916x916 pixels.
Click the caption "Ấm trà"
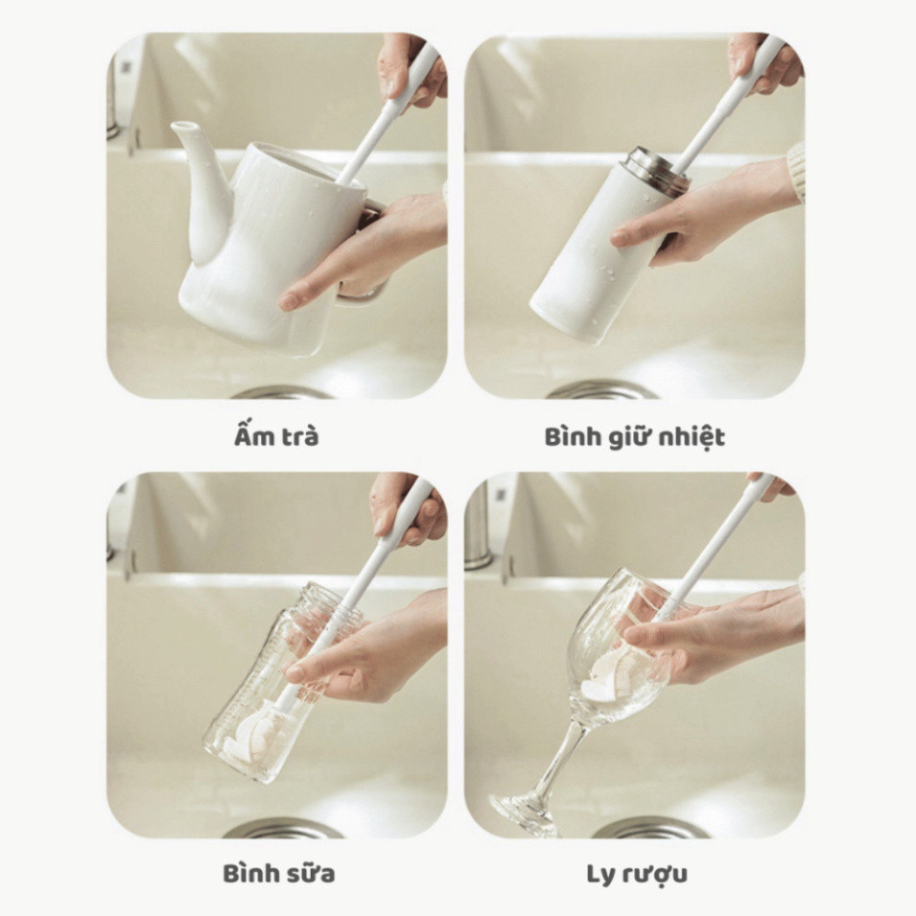pos(276,436)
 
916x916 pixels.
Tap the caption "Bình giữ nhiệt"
pos(634,437)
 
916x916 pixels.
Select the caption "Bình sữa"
pos(279,874)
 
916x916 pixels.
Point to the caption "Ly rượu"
pos(636,875)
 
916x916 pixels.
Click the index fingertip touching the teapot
pos(287,301)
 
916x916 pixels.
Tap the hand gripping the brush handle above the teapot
pos(409,70)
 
